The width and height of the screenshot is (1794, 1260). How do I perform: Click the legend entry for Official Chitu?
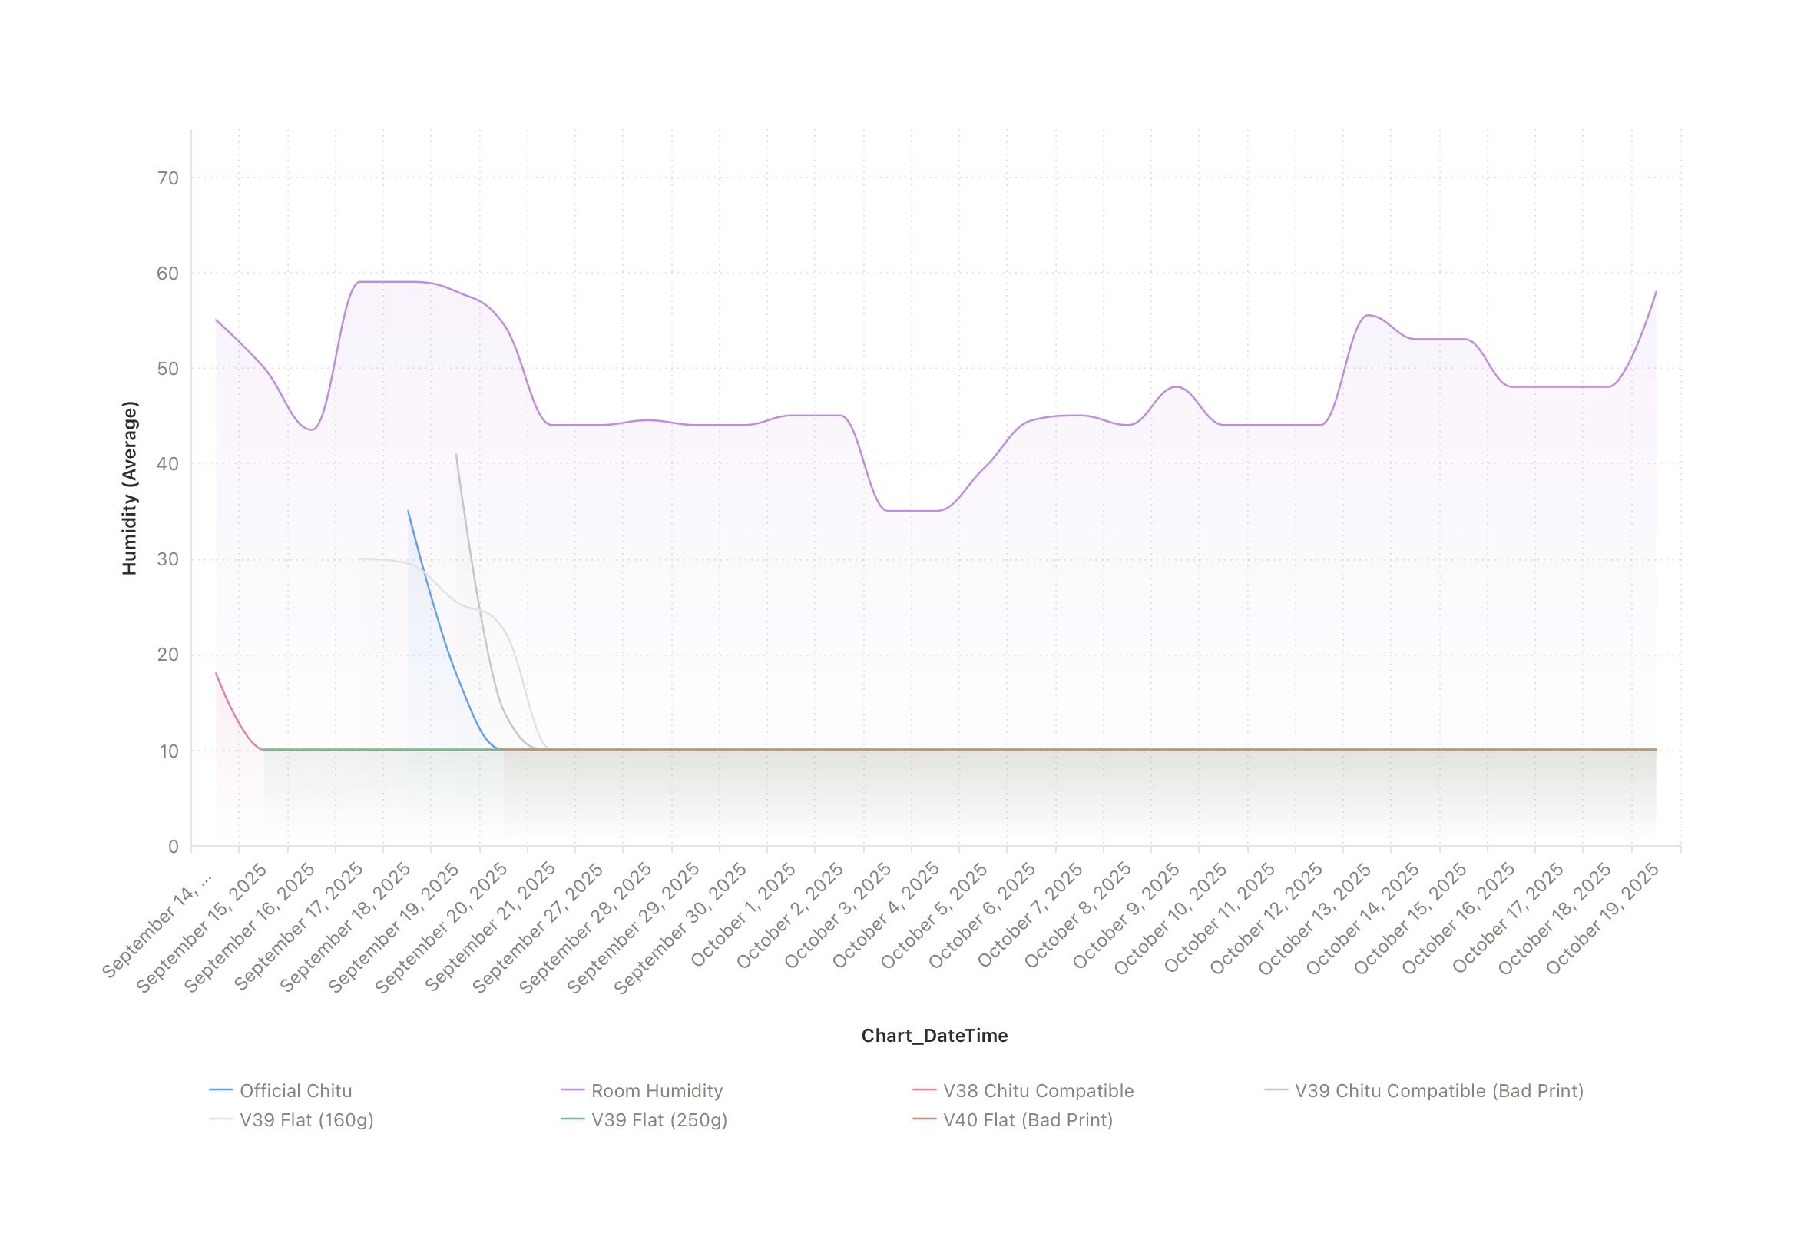click(x=296, y=1090)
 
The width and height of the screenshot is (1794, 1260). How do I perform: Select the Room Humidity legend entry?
click(x=657, y=1090)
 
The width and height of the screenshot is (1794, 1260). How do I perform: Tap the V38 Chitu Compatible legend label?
click(x=1038, y=1090)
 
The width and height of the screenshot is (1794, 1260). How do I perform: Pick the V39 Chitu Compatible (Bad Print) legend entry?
click(x=1438, y=1090)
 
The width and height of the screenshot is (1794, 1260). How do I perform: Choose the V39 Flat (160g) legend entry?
click(x=306, y=1120)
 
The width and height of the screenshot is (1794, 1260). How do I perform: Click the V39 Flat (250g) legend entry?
click(x=659, y=1120)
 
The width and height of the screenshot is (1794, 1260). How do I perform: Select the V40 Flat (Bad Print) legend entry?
click(x=1028, y=1120)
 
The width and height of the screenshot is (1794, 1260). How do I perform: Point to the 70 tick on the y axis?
click(x=168, y=178)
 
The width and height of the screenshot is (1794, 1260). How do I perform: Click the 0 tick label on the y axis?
click(x=174, y=847)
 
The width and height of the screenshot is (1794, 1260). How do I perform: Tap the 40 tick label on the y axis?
click(x=168, y=464)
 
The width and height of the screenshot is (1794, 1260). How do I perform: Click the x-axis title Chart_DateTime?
click(x=935, y=1036)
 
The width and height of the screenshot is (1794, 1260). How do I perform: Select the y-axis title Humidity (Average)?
click(x=130, y=488)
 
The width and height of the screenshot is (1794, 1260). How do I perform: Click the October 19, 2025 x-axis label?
click(x=1604, y=917)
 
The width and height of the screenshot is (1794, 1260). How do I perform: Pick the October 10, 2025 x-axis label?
click(x=1170, y=919)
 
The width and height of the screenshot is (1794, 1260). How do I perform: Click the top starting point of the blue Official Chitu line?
click(x=408, y=511)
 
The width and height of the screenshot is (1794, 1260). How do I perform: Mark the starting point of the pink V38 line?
click(x=217, y=673)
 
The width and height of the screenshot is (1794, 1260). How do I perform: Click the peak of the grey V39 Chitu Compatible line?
click(x=456, y=453)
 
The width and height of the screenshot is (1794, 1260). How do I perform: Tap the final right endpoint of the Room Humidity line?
click(x=1656, y=291)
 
